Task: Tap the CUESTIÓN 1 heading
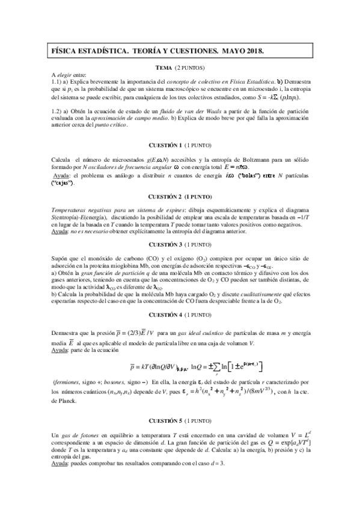click(x=167, y=146)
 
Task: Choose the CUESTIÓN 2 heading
click(x=167, y=197)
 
